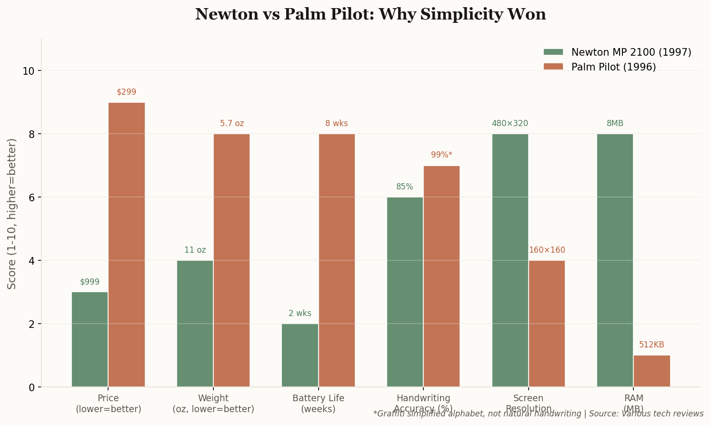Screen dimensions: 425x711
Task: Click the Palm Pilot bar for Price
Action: pos(127,245)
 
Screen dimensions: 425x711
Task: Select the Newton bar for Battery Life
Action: pos(300,355)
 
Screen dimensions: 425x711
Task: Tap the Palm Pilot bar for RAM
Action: pos(651,371)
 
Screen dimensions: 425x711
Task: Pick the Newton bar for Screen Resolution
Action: pos(510,260)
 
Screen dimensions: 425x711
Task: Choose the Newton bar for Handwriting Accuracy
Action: pos(405,292)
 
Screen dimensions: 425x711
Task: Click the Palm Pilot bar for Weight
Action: pos(231,260)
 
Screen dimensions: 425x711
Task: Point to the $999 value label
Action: pos(90,282)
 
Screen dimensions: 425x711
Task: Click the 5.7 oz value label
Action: pos(232,123)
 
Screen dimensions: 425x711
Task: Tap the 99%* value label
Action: pos(441,155)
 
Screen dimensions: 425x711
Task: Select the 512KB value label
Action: pos(651,345)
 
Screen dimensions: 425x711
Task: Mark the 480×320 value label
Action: pos(510,123)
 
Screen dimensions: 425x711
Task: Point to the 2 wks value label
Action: pos(300,313)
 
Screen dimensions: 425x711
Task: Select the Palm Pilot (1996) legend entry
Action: pos(613,67)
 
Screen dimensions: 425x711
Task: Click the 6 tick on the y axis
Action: pos(31,198)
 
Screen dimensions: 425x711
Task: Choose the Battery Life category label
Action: pos(318,403)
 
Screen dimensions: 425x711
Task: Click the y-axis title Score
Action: pos(12,213)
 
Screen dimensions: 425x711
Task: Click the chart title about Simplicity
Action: pos(371,14)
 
